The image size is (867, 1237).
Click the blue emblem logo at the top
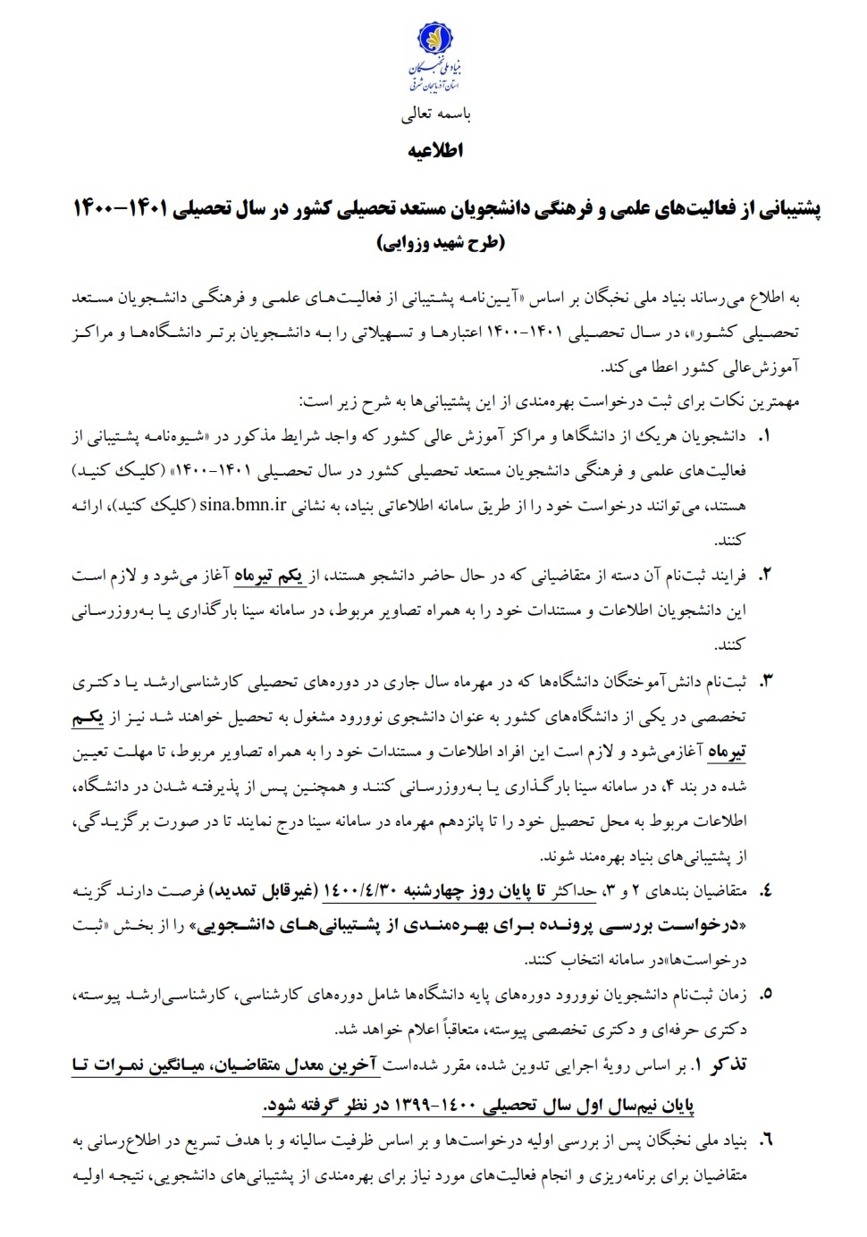pyautogui.click(x=433, y=45)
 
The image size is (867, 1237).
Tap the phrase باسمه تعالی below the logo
pyautogui.click(x=433, y=115)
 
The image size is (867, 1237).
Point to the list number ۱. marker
pyautogui.click(x=765, y=438)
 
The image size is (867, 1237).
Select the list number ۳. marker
pyautogui.click(x=765, y=683)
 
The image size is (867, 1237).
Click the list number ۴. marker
pyautogui.click(x=765, y=891)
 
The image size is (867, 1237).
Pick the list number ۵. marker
pyautogui.click(x=765, y=994)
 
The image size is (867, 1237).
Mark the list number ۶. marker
pyautogui.click(x=765, y=1142)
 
